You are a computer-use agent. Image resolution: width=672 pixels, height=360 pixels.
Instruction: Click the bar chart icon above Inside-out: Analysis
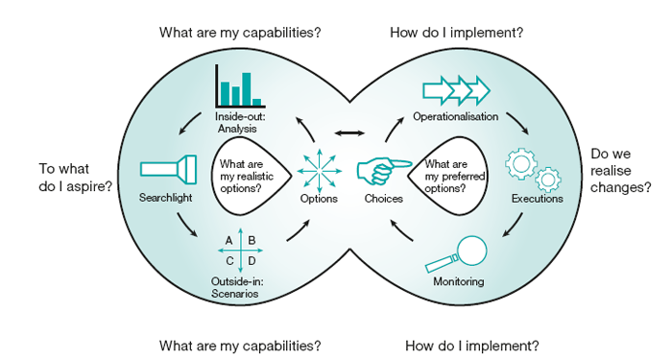240,85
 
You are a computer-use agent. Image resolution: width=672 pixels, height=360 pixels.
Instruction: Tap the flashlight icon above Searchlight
168,169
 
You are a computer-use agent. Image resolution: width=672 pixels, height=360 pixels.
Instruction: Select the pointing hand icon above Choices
384,171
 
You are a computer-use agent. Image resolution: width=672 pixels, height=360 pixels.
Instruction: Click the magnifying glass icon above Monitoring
456,254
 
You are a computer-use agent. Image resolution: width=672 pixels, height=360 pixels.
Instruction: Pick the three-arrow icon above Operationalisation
456,90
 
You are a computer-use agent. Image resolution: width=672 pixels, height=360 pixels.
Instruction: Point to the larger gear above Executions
520,164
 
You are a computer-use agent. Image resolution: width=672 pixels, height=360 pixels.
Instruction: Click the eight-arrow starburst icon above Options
320,171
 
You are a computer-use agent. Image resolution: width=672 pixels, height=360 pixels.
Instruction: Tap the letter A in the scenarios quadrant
228,240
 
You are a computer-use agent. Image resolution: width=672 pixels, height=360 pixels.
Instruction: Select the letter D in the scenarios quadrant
252,260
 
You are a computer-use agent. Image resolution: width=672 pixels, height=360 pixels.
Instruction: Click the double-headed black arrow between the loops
349,133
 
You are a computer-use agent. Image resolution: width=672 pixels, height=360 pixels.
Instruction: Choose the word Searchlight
165,198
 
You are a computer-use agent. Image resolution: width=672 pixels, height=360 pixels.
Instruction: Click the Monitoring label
459,281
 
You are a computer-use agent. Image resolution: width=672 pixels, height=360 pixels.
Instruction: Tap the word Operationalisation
456,116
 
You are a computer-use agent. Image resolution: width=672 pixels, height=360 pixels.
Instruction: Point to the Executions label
537,199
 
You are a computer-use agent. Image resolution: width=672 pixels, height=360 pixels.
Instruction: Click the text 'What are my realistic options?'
247,176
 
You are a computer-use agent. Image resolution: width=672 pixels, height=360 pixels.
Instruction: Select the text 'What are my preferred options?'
455,176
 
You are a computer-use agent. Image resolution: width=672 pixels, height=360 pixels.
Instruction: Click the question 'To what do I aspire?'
76,178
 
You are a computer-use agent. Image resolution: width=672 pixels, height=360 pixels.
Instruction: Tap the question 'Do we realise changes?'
620,171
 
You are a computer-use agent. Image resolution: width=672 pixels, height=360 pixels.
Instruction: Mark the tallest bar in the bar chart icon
247,89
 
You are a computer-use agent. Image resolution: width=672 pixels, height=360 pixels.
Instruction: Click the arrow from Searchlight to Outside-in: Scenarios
186,225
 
